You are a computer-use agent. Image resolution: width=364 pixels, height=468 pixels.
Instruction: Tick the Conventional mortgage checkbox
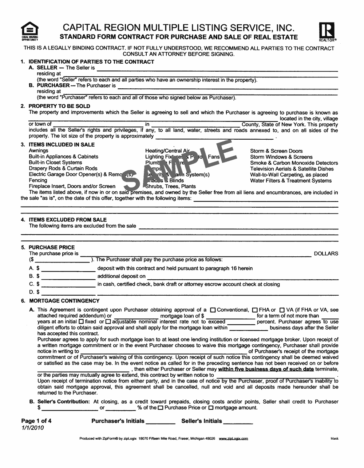pyautogui.click(x=213, y=310)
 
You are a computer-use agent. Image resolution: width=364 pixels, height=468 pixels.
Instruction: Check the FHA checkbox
pyautogui.click(x=255, y=310)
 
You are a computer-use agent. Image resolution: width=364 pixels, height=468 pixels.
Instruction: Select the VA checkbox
pyautogui.click(x=282, y=310)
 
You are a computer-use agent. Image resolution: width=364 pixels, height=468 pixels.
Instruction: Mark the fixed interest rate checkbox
pyautogui.click(x=81, y=322)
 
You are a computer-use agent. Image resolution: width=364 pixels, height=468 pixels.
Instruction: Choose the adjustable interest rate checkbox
pyautogui.click(x=108, y=322)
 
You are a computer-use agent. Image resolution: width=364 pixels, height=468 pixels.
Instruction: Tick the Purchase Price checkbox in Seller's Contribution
pyautogui.click(x=161, y=408)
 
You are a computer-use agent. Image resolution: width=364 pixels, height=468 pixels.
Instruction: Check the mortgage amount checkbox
pyautogui.click(x=211, y=408)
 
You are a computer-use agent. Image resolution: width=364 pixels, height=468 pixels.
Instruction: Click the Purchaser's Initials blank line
pyautogui.click(x=161, y=422)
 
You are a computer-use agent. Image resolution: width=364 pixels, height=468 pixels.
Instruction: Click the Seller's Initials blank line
pyautogui.click(x=238, y=422)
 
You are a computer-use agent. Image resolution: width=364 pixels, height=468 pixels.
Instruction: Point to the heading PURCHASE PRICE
pyautogui.click(x=52, y=247)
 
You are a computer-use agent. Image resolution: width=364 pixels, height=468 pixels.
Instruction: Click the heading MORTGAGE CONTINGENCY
pyautogui.click(x=64, y=301)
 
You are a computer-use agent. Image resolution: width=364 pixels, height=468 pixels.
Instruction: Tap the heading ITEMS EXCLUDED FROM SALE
pyautogui.click(x=68, y=220)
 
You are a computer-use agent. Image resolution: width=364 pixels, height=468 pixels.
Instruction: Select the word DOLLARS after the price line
pyautogui.click(x=326, y=253)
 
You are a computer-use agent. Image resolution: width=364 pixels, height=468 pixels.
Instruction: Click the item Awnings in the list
pyautogui.click(x=39, y=151)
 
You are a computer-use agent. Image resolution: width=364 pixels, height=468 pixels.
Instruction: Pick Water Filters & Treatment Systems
pyautogui.click(x=291, y=181)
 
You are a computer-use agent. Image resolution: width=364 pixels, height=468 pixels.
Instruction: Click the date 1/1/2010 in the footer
pyautogui.click(x=32, y=428)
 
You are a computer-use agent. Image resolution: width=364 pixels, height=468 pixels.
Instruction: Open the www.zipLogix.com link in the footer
pyautogui.click(x=233, y=439)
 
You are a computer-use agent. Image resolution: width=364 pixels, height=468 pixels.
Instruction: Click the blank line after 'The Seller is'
pyautogui.click(x=217, y=69)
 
